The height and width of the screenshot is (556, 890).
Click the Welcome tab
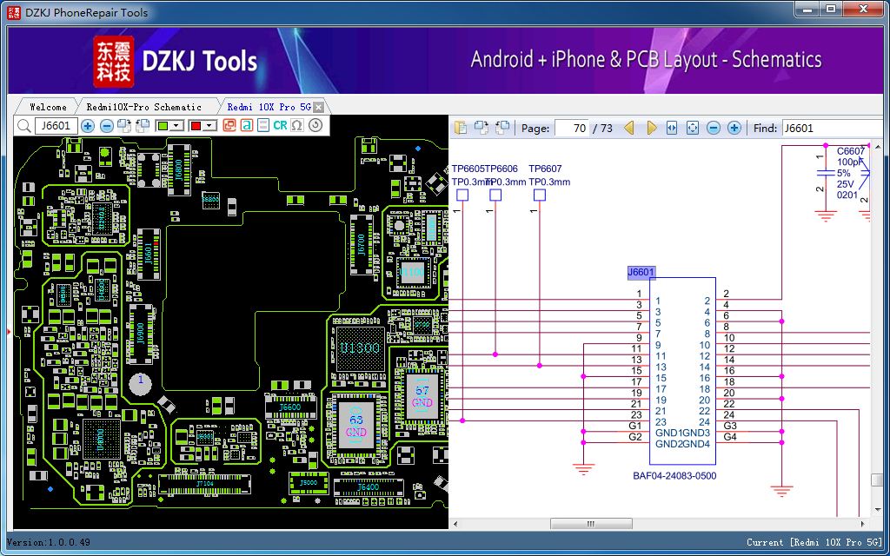(x=48, y=107)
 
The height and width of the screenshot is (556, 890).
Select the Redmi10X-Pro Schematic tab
(x=143, y=107)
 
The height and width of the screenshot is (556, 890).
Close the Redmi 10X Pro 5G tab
(x=319, y=107)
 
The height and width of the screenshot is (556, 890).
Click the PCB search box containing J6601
(x=56, y=126)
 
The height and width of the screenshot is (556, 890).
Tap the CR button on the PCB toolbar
(x=280, y=126)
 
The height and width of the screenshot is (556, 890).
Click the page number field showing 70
(x=571, y=128)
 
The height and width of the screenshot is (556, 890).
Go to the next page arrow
(x=652, y=128)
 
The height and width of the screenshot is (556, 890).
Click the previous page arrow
(x=629, y=128)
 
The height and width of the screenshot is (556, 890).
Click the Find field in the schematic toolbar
(x=830, y=128)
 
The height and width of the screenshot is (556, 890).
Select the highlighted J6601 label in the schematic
(x=641, y=273)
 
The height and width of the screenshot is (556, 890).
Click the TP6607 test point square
(x=540, y=195)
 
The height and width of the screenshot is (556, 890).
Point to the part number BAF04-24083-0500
(x=675, y=476)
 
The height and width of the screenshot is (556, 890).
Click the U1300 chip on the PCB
(x=359, y=348)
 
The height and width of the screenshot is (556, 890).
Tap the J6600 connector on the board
(x=289, y=407)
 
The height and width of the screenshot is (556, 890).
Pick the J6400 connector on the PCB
(x=369, y=487)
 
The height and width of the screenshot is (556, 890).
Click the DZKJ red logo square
(x=113, y=60)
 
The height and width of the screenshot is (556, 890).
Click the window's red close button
(x=863, y=9)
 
